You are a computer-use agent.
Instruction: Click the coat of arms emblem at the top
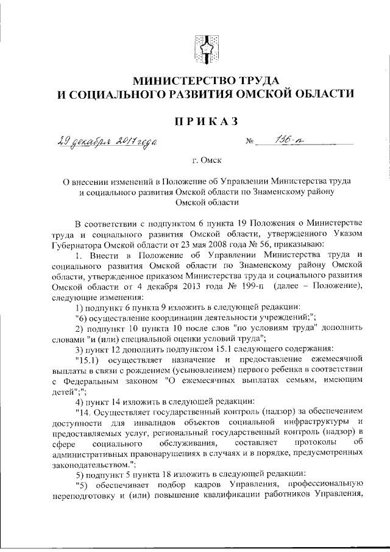[204, 47]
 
